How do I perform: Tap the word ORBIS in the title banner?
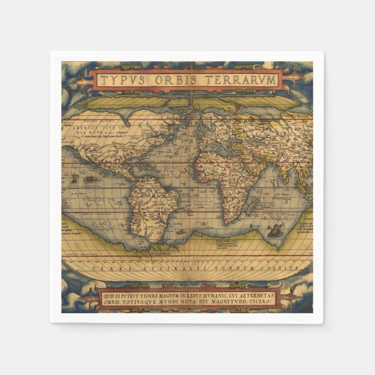tap(172, 80)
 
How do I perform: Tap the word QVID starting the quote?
tap(110, 296)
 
